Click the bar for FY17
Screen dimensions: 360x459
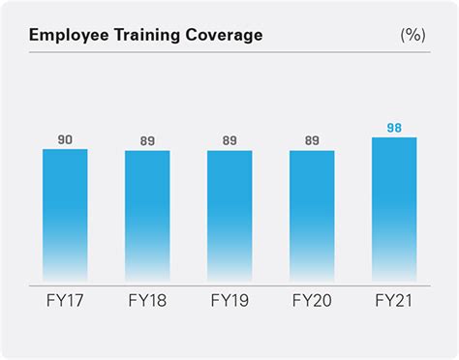click(x=65, y=213)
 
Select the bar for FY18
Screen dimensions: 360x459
click(x=147, y=215)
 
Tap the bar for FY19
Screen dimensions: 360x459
click(x=230, y=215)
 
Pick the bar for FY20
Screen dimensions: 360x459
click(x=312, y=215)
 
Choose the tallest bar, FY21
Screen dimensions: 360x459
click(x=394, y=208)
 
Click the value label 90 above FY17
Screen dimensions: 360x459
click(x=65, y=140)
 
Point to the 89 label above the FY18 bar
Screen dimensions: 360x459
click(x=147, y=142)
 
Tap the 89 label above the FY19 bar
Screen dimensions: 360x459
click(x=230, y=142)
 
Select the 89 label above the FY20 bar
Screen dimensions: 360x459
click(x=312, y=142)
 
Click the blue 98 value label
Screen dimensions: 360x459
click(x=394, y=129)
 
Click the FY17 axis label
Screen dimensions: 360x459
click(x=65, y=301)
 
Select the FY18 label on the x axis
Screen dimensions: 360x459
click(x=147, y=301)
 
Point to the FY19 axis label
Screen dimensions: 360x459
click(x=230, y=301)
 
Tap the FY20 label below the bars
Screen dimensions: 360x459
click(x=312, y=301)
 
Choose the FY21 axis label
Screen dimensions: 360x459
click(x=394, y=301)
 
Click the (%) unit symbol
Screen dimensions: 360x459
click(x=413, y=36)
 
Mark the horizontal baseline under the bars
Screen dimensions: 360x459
click(x=229, y=282)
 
